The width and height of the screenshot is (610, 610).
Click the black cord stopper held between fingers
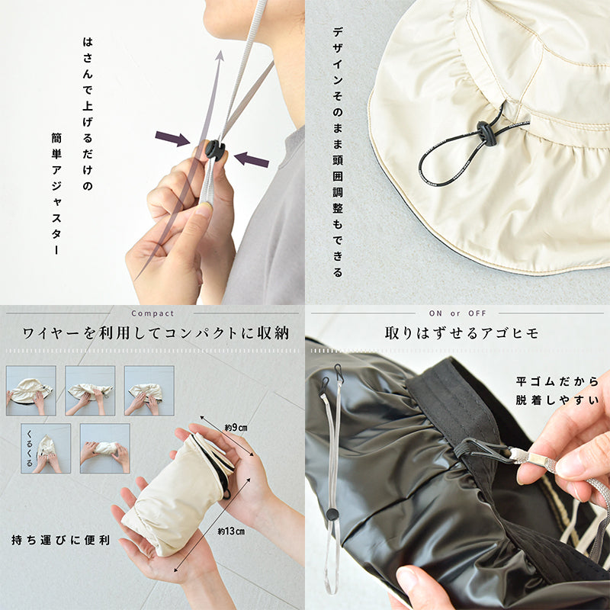pos(215,149)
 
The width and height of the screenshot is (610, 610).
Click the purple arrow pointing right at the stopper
pos(172,139)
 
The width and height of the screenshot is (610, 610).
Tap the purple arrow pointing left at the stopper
pos(252,159)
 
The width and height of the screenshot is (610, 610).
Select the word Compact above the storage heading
pos(152,313)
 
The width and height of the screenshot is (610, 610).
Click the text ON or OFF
pos(457,313)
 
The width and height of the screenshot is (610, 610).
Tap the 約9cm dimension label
pos(236,428)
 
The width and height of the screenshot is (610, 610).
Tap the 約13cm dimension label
pos(231,531)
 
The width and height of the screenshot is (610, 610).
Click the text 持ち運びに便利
pos(61,540)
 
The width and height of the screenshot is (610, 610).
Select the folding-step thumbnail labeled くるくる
pos(46,448)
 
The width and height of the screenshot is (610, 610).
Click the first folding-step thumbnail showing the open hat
pos(31,390)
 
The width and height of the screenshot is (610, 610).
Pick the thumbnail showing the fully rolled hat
pos(105,448)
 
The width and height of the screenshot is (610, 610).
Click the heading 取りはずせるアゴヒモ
pos(462,333)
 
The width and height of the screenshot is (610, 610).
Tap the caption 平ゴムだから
pos(557,381)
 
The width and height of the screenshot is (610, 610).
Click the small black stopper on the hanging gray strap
pos(332,514)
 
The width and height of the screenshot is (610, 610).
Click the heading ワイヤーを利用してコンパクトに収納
pos(156,333)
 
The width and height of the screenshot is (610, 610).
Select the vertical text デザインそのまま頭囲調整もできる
pos(338,152)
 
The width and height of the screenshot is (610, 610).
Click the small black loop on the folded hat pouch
pos(226,494)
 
